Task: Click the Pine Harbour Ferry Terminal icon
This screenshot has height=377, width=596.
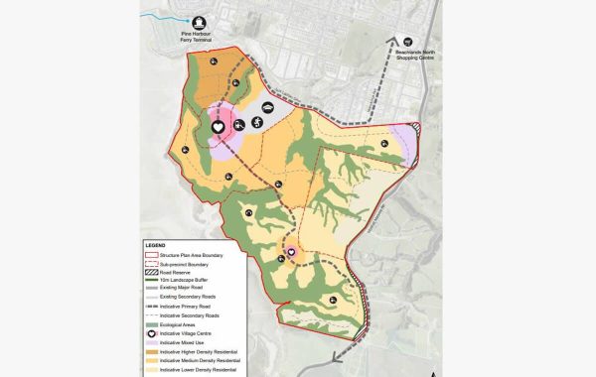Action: (x=199, y=21)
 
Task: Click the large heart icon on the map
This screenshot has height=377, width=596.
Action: (x=219, y=127)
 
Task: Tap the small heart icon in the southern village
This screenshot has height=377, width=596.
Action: (x=292, y=253)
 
